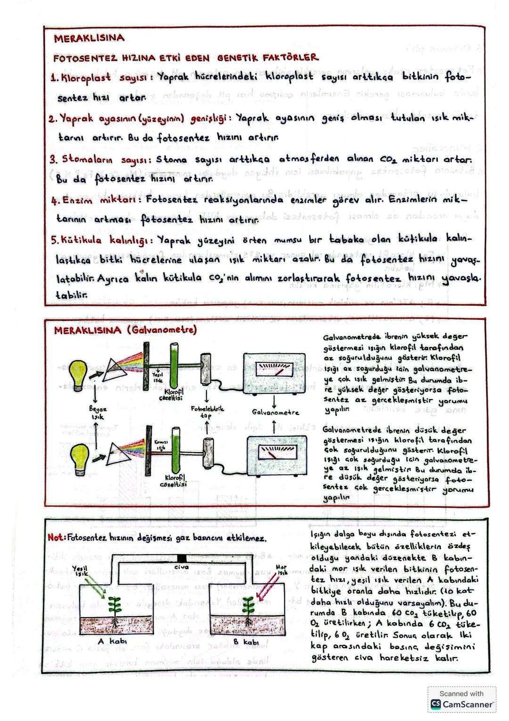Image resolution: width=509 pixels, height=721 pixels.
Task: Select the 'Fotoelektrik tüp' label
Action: pos(207,411)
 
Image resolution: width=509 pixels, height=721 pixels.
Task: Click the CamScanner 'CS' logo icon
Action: pos(435,704)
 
